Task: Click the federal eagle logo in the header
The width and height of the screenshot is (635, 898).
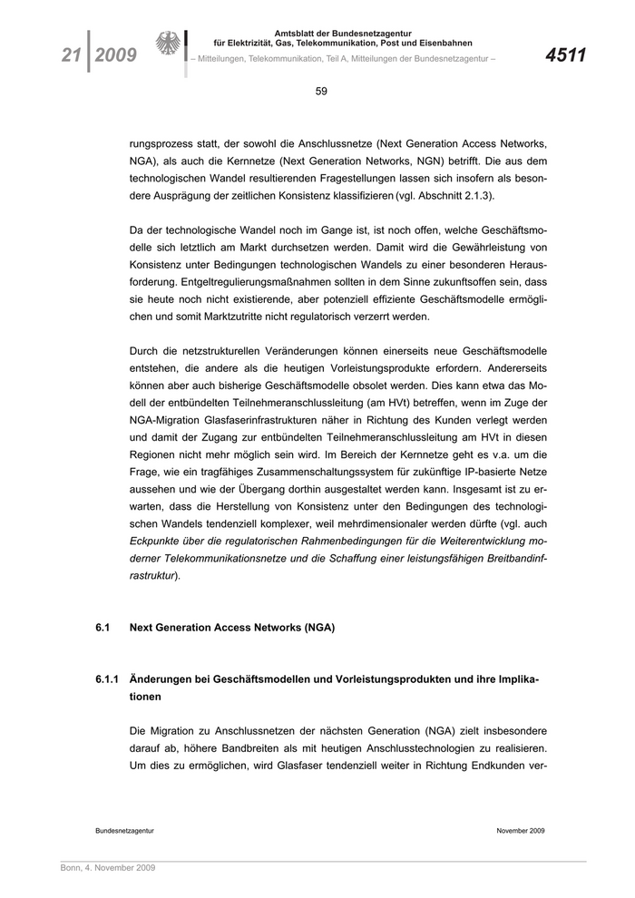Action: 169,45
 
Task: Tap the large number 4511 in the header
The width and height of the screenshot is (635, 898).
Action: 566,56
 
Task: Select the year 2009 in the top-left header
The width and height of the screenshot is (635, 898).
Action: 115,56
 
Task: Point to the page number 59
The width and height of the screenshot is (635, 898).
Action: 321,91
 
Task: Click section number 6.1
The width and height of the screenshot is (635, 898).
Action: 103,627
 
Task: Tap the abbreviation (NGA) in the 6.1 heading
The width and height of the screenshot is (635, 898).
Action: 318,627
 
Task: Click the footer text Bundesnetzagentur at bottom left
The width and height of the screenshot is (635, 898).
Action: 124,830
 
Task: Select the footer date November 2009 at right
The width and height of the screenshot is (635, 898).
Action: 521,830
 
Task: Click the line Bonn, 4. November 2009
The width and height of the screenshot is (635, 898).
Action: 102,868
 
